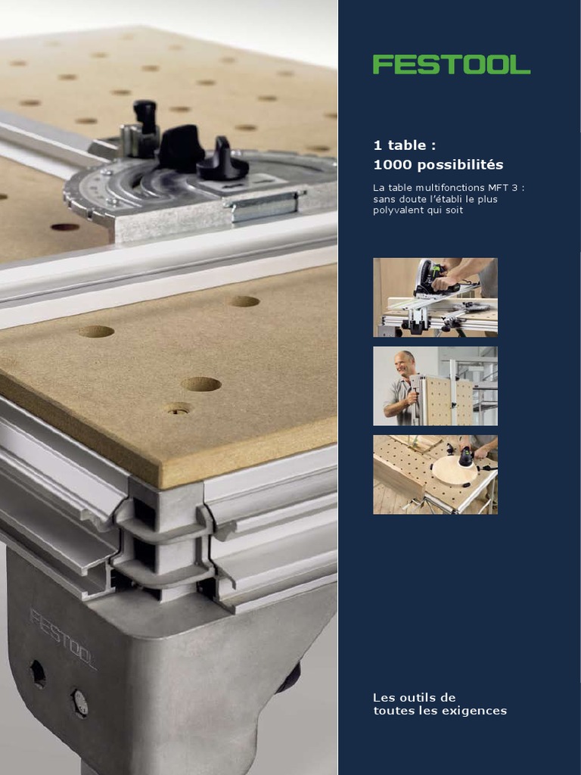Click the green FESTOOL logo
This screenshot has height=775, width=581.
pos(452,65)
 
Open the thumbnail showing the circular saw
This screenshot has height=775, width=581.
pos(435,297)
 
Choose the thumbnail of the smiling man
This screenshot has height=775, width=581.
pos(435,386)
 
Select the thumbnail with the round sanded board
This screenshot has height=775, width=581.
pos(435,475)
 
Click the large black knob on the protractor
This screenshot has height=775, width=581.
pos(181,148)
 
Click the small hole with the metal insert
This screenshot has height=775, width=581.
pos(179,409)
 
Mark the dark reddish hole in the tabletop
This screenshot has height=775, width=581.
pos(65,227)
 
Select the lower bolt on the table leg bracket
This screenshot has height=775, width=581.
pos(79,704)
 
